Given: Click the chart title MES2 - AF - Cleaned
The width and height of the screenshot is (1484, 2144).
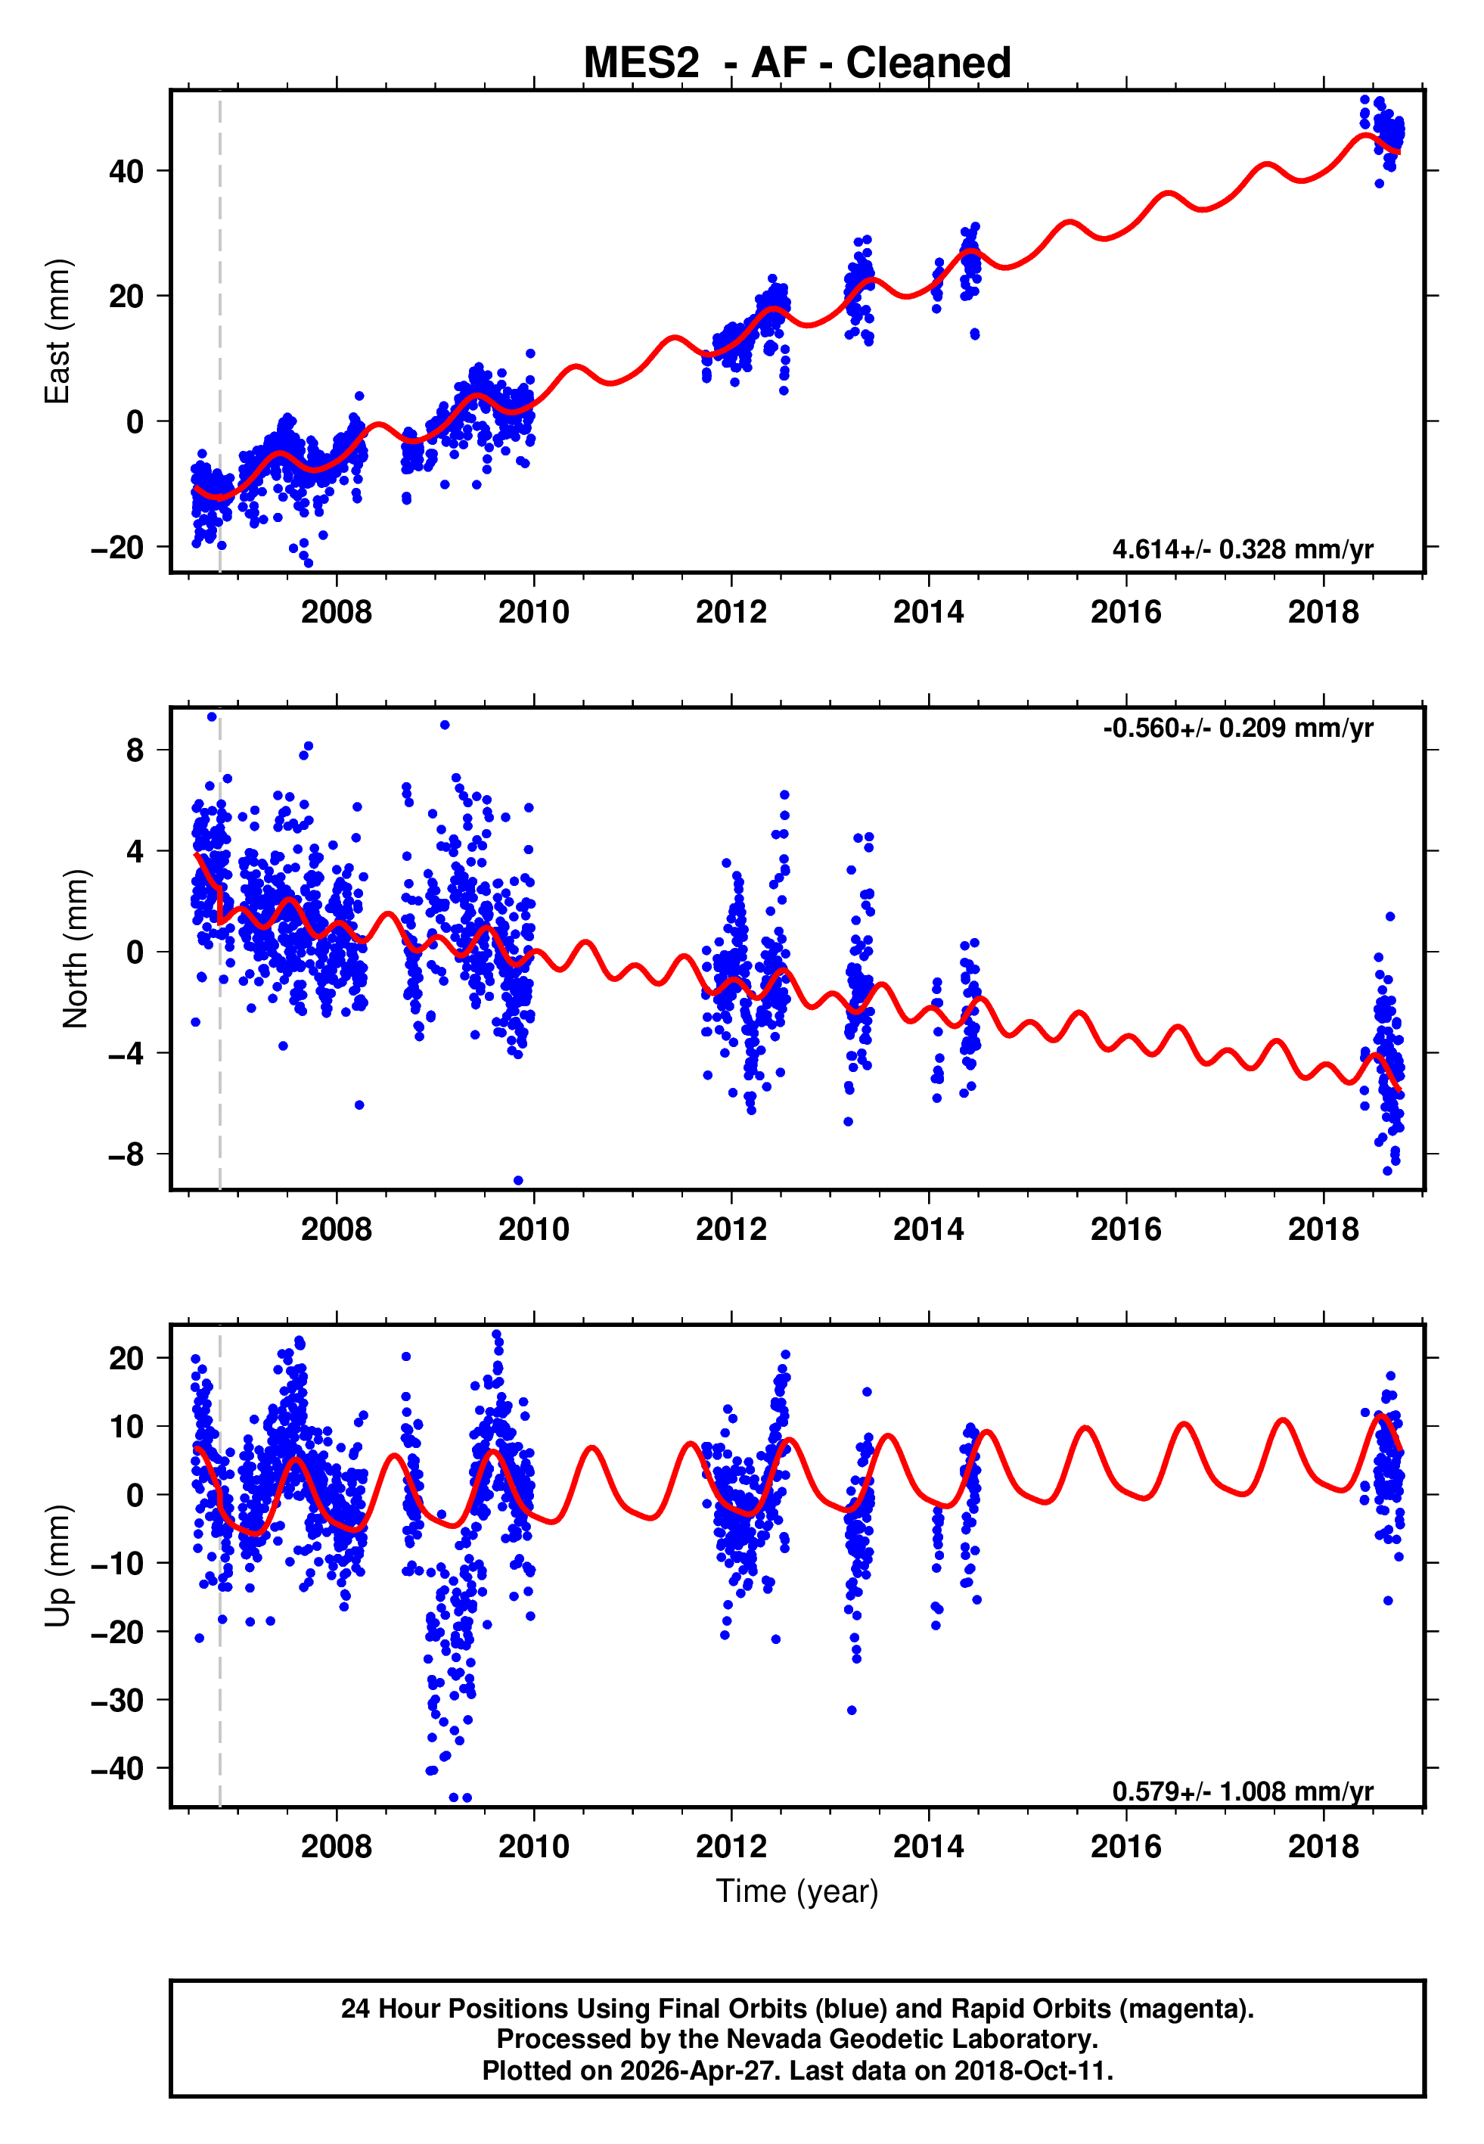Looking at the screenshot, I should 797,64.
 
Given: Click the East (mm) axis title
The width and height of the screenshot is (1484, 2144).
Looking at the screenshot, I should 57,331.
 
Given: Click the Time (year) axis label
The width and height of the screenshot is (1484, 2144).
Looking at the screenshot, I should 797,1891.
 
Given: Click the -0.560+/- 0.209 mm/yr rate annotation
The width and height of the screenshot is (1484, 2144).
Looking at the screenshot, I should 1237,728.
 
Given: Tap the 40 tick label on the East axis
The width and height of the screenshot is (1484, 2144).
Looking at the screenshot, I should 126,171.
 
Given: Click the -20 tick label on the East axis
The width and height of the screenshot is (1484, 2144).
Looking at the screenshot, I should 117,548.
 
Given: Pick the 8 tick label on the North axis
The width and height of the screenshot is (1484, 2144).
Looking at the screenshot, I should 135,750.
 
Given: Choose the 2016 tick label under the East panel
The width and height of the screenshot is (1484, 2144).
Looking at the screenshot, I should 1126,612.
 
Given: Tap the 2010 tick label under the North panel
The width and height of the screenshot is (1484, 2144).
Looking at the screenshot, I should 534,1229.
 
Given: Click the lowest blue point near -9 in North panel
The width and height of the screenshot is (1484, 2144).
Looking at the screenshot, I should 518,1181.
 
